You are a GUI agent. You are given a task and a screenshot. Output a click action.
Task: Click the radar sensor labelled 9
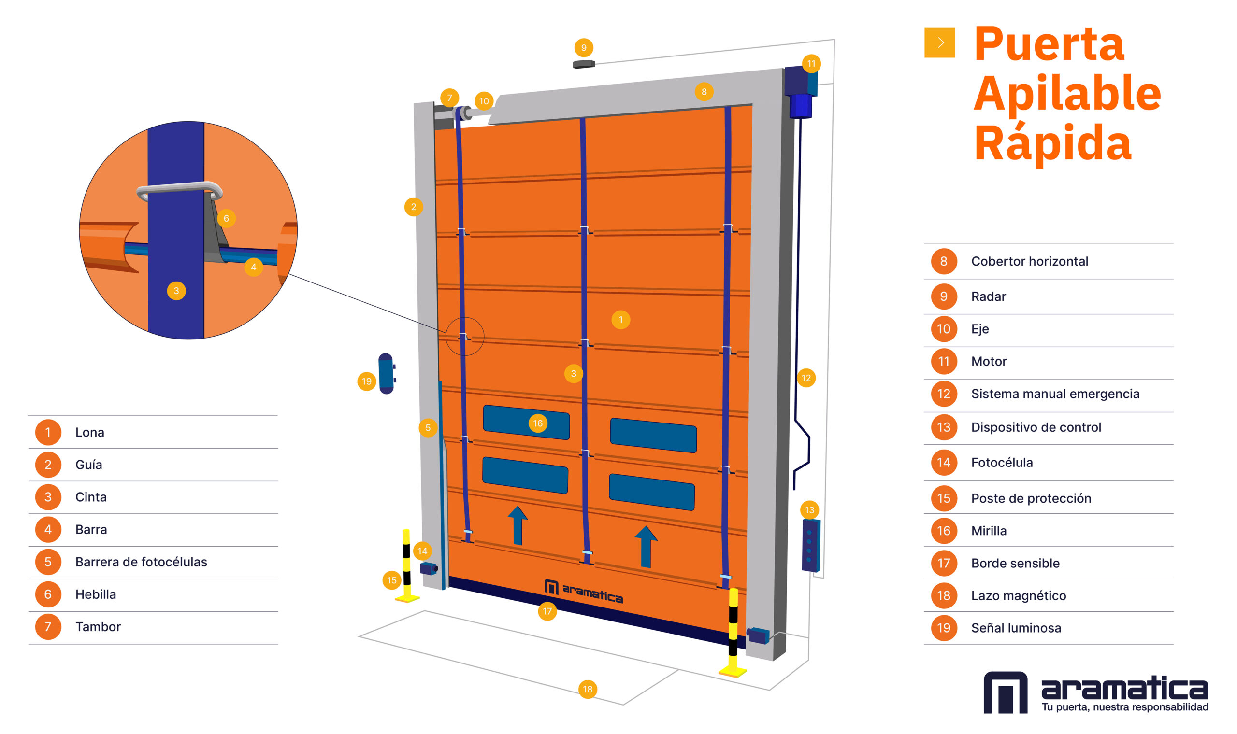point(583,64)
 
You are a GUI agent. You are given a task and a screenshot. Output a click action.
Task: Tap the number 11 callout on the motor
point(811,63)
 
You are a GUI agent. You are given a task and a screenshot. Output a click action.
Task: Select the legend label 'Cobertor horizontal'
point(1029,261)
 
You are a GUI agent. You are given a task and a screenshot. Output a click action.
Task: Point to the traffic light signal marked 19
point(386,373)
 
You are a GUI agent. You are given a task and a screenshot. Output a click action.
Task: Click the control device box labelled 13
point(810,545)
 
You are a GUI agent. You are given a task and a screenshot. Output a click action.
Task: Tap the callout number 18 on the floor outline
point(587,689)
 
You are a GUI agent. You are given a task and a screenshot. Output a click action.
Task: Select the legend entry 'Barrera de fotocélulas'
point(141,562)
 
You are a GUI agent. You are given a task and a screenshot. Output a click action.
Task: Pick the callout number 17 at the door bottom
point(547,611)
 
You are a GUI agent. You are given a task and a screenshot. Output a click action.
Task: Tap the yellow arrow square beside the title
point(939,42)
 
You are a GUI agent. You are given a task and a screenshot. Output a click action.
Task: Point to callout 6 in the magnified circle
point(226,218)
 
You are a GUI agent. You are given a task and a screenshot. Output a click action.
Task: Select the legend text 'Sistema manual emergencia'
point(1055,394)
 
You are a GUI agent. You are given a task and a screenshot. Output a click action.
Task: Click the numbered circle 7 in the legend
point(48,627)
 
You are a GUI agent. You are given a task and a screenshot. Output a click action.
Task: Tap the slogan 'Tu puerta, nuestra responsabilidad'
point(1124,707)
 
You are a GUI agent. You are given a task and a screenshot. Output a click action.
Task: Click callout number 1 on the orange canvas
point(620,320)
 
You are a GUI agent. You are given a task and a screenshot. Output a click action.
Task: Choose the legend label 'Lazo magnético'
point(1018,595)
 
